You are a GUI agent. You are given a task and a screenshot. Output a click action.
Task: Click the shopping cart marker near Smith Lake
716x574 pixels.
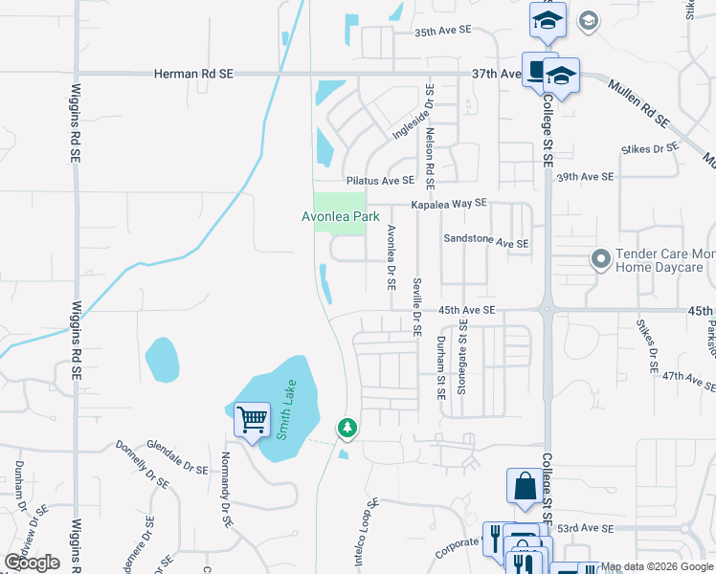252,420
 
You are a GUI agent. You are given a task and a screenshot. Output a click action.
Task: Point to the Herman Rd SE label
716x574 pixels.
190,74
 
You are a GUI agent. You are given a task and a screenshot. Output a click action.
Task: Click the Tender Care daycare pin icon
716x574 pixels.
600,258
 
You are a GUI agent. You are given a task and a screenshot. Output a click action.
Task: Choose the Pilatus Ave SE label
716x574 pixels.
381,180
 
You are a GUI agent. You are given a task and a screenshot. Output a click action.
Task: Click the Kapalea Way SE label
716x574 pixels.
449,204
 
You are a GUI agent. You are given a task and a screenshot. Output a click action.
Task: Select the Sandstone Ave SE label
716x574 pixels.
485,243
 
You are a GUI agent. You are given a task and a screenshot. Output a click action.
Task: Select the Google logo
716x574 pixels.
32,563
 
